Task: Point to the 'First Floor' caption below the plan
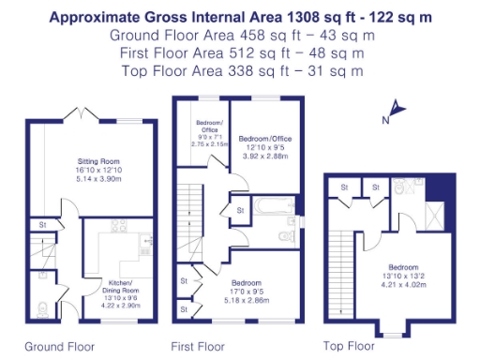coord(199,346)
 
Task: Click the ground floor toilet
coord(40,307)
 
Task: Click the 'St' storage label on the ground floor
coord(43,225)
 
